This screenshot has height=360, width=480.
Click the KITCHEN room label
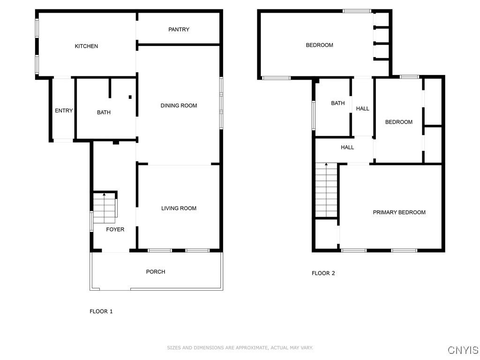point(86,46)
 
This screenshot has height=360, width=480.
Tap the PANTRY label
point(179,30)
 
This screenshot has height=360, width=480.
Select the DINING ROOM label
point(179,105)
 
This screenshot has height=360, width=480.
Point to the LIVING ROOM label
point(179,208)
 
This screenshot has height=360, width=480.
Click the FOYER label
point(115,229)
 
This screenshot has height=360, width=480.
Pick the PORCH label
point(156,271)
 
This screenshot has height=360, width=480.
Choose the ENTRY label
point(64,111)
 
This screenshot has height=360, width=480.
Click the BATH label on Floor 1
point(104,112)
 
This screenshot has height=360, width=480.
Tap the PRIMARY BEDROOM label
point(399,212)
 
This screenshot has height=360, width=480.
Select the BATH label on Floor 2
point(337,103)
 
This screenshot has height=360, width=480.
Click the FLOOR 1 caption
point(101,311)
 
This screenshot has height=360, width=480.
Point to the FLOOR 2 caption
point(323,273)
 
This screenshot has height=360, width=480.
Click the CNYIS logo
point(463,350)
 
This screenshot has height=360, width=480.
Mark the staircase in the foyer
point(105,208)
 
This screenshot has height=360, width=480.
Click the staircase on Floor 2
point(326,189)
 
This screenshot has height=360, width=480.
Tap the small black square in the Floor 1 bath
point(130,97)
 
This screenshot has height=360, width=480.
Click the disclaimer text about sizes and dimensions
point(240,348)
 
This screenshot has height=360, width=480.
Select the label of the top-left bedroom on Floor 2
point(319,45)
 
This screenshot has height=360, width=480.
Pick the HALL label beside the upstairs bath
point(362,108)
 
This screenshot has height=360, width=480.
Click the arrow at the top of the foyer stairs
point(104,194)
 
